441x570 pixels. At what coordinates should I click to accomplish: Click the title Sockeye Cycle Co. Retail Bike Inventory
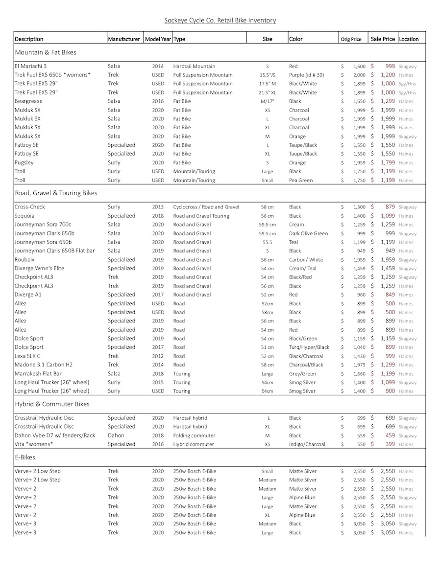[220, 20]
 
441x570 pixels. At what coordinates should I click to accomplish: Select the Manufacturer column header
[124, 39]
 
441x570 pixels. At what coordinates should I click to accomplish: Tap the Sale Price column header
[383, 39]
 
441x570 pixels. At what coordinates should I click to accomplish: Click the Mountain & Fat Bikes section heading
[46, 52]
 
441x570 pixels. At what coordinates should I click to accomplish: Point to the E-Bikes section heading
[28, 457]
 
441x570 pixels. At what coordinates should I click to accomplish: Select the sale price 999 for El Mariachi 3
[390, 66]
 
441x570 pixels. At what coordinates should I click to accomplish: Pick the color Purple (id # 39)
[309, 75]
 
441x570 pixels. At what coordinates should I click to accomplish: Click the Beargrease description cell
[29, 101]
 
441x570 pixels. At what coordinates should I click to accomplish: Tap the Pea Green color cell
[300, 180]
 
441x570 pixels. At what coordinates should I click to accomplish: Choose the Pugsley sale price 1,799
[388, 162]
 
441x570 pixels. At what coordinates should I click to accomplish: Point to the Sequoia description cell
[24, 216]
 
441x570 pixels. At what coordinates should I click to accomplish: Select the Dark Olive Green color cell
[308, 233]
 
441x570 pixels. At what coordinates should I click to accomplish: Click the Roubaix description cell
[24, 260]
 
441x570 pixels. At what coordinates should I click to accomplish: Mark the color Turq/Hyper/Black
[309, 347]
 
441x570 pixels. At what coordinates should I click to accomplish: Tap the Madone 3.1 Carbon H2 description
[43, 365]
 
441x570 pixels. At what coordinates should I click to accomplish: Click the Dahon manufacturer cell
[116, 435]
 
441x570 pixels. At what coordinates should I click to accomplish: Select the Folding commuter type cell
[193, 435]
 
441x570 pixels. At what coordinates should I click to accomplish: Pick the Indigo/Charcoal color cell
[307, 444]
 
